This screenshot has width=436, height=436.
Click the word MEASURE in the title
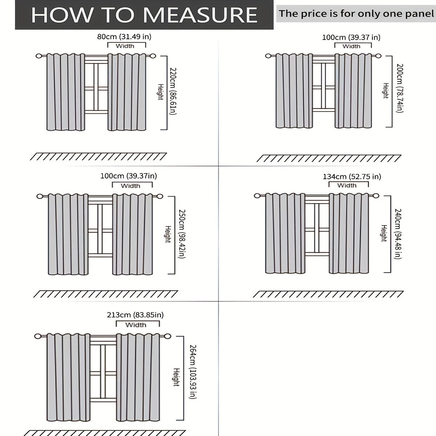coord(200,15)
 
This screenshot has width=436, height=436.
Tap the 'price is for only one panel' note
coord(356,13)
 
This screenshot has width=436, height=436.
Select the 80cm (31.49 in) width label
coord(124,37)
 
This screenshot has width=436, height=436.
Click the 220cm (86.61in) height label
coord(173,91)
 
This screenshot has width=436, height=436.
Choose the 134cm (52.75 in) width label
coord(352,177)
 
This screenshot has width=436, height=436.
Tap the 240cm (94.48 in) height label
coord(398,234)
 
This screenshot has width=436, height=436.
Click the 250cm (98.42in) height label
coord(182,234)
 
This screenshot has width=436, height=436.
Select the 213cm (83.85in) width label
coord(135,315)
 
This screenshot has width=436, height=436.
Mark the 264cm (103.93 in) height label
coord(193,372)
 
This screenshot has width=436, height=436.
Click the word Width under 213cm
coord(136,325)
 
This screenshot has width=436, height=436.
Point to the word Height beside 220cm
coord(161,92)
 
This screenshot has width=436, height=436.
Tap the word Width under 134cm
coord(347,185)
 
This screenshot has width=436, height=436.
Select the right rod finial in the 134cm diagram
coord(376,196)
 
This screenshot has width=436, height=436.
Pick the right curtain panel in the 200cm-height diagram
coord(353,91)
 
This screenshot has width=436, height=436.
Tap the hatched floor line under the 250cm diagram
coord(106,294)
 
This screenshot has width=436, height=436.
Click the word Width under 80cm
coord(125,46)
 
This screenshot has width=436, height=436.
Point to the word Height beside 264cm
coord(176,377)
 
